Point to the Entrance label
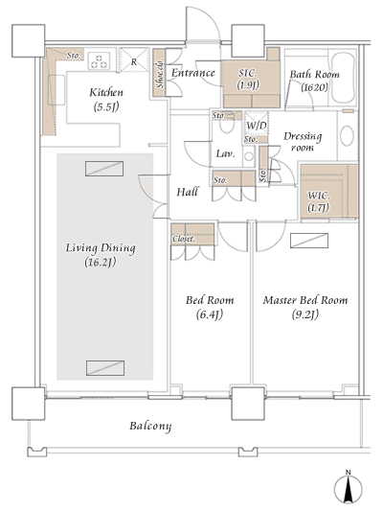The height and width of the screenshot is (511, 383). (x=191, y=73)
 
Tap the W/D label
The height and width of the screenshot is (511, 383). (x=256, y=126)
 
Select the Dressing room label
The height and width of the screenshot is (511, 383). (x=303, y=142)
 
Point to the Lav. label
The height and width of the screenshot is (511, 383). (x=226, y=153)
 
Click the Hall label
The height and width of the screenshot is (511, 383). (x=188, y=193)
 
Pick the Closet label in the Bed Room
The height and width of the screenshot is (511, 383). (x=184, y=238)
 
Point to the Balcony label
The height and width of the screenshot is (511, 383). (x=150, y=425)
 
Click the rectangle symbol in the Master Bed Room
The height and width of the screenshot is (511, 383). (x=310, y=241)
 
